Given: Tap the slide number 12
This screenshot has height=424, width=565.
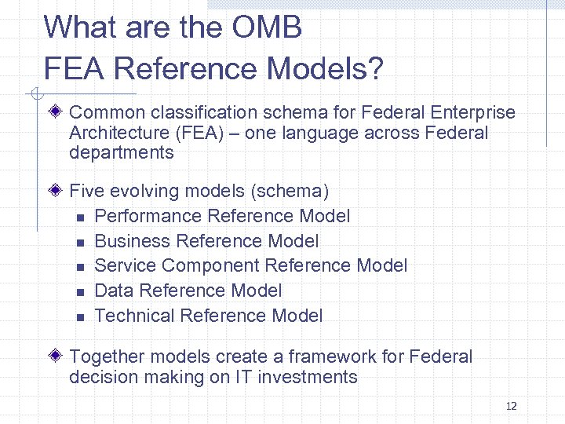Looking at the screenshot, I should click(512, 406).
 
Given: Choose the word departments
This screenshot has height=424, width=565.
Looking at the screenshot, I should click(122, 153).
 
